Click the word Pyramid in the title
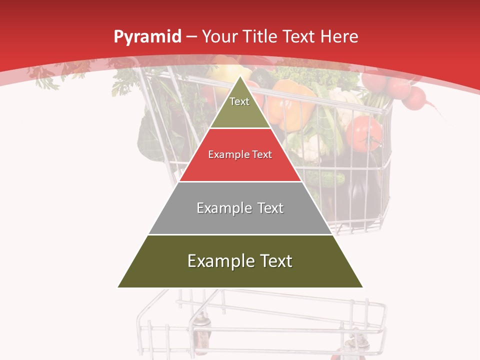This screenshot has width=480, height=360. [147, 37]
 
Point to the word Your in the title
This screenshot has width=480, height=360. [218, 36]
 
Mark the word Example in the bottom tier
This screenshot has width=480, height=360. [218, 261]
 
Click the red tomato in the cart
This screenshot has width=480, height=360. [364, 134]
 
